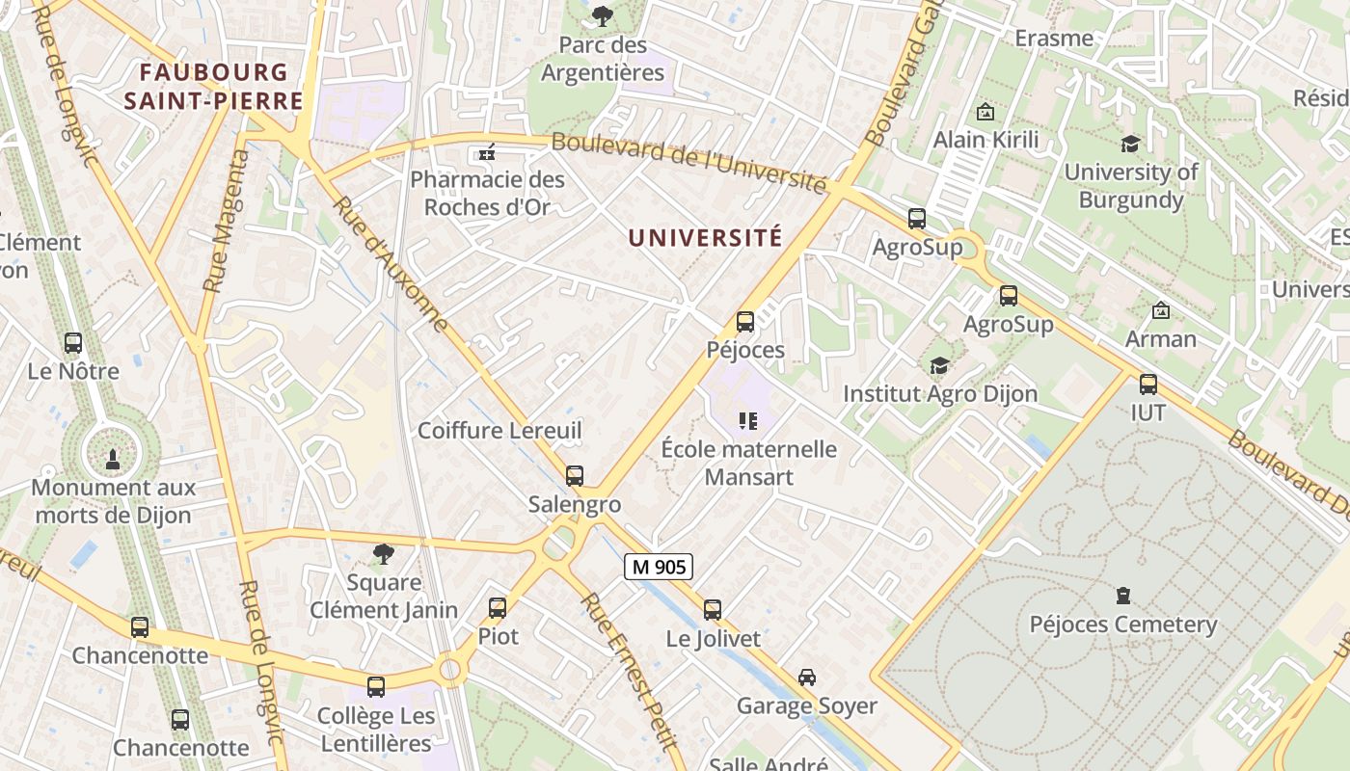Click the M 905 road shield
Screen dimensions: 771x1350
[660, 567]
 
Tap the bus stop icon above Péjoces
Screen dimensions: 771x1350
[745, 322]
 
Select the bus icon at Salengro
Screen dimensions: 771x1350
[575, 475]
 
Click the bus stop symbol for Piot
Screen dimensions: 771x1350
[498, 608]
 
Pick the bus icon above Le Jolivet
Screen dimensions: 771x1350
[713, 609]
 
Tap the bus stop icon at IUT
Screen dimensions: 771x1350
[1148, 385]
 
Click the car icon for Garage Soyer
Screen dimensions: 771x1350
[807, 678]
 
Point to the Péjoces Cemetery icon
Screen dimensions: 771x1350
[1123, 596]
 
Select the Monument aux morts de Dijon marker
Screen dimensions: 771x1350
[113, 458]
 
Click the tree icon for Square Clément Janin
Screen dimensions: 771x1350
[384, 553]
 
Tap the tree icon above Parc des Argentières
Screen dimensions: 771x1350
[603, 15]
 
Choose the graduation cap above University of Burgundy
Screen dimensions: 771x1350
[1130, 145]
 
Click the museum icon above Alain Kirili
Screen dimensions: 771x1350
[985, 112]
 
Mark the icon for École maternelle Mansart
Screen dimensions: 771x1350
[748, 420]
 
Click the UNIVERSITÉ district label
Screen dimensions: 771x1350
[705, 238]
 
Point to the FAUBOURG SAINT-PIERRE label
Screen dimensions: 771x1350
[214, 86]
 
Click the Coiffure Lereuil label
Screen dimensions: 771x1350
[499, 431]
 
